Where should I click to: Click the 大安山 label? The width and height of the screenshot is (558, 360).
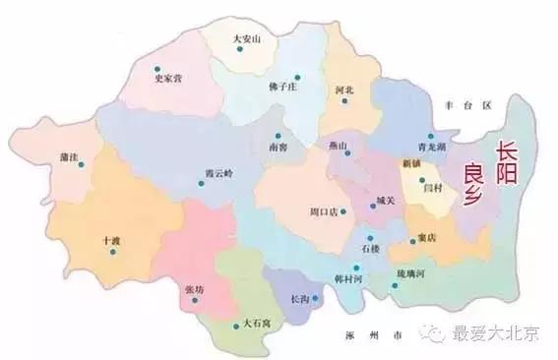[244, 39]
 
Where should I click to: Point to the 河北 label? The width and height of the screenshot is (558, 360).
[344, 90]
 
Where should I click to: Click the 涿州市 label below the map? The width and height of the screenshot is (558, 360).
[369, 334]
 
